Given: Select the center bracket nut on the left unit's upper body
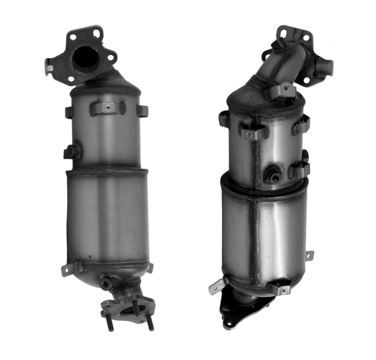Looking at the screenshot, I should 107,107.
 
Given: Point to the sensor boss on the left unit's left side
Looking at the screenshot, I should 72,152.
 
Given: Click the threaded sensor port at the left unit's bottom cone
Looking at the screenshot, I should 106,282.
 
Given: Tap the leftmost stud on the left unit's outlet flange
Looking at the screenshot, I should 110,323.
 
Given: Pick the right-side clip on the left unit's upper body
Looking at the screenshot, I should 142,111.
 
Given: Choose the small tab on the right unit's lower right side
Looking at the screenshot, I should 309,256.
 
